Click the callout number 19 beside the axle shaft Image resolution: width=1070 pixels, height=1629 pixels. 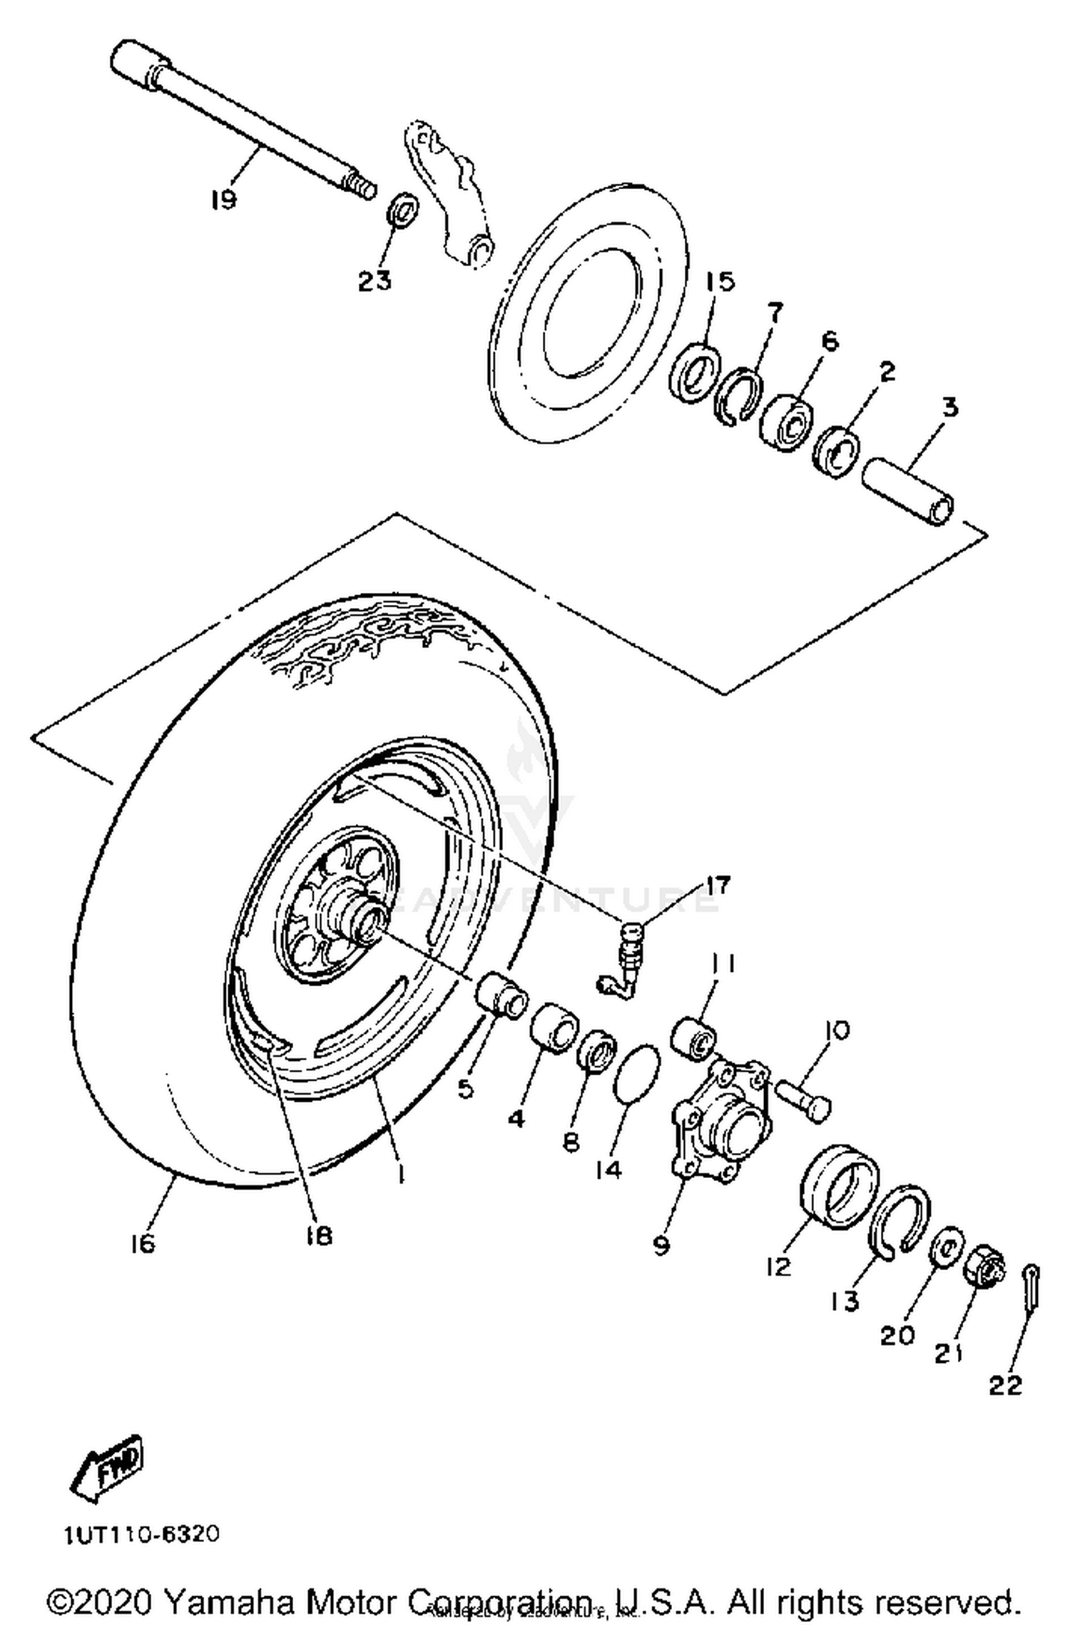[223, 199]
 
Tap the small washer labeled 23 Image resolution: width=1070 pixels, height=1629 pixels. [403, 213]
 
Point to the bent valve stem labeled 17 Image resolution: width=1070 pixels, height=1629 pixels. [624, 963]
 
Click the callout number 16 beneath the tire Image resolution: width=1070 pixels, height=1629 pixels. [143, 1244]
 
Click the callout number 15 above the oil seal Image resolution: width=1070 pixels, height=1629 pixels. [720, 281]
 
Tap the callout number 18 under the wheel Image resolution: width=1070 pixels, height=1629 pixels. [318, 1235]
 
